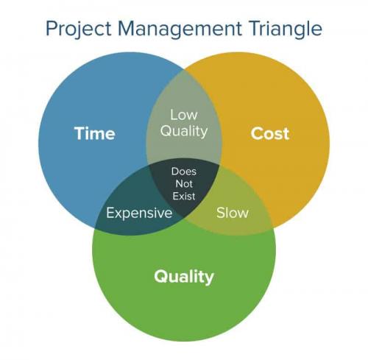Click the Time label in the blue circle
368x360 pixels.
94,133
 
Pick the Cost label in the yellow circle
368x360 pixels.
269,133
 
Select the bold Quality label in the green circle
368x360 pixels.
183,277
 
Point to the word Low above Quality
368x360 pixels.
183,115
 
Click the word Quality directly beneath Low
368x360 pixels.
183,132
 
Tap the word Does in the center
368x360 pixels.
183,172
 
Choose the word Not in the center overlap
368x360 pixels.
183,185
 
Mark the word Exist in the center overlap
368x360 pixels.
183,198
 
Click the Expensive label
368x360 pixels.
139,213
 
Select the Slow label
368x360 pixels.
232,213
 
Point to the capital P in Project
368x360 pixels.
50,29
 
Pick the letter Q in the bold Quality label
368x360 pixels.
160,277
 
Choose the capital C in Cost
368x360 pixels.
257,133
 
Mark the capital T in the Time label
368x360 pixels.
79,133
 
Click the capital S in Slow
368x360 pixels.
220,213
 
